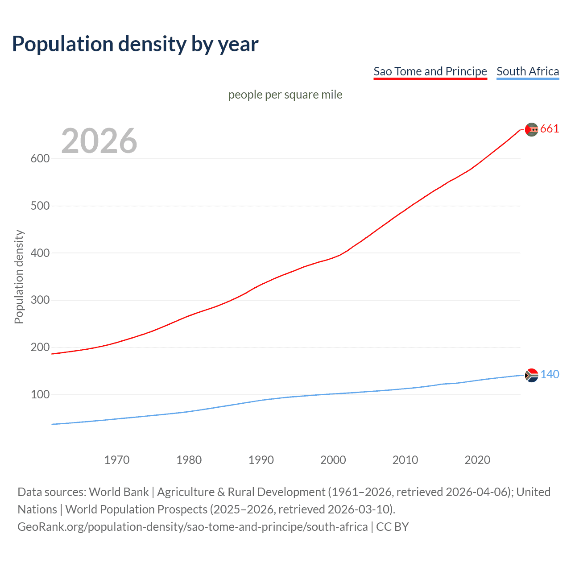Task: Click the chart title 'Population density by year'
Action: click(135, 44)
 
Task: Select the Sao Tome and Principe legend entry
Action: click(430, 71)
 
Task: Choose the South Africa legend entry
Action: click(528, 71)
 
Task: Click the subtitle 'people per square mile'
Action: click(285, 95)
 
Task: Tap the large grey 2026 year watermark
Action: click(99, 141)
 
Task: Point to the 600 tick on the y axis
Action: click(40, 159)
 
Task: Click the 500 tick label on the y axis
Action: click(40, 206)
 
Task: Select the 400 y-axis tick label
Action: click(40, 253)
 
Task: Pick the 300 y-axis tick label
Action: click(40, 300)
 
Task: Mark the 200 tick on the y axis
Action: click(40, 348)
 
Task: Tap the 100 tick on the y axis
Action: click(40, 395)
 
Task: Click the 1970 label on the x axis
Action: click(117, 460)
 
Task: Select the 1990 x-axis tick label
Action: click(261, 460)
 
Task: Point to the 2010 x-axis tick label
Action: click(405, 460)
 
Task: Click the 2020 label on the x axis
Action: click(477, 460)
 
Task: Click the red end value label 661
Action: click(550, 129)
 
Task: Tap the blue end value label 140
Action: click(550, 375)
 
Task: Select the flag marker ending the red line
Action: click(531, 129)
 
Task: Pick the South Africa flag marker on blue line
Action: click(531, 376)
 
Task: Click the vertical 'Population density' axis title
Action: click(19, 277)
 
